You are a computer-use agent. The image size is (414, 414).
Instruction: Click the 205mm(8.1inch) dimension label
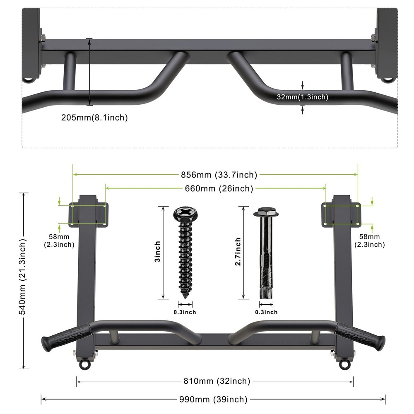point(94,118)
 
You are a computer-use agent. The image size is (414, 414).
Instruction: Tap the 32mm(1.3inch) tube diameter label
point(302,97)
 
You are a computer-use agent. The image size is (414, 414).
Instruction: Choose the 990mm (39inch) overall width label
point(213,400)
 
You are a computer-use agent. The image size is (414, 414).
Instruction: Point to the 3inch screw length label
point(157,252)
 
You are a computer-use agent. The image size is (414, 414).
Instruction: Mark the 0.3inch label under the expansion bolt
point(266,312)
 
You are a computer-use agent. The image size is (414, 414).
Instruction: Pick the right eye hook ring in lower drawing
point(343,365)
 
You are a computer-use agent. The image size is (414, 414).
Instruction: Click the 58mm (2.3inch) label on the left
point(59,241)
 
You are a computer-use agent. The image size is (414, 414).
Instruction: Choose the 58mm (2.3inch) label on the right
point(369,241)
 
